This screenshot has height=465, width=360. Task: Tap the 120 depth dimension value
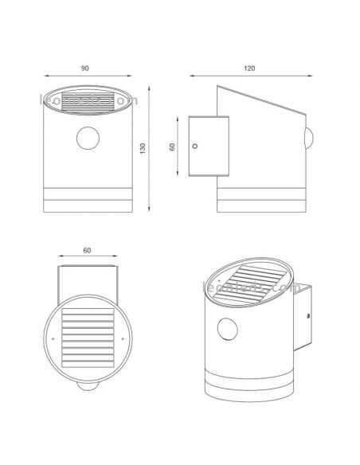(250, 68)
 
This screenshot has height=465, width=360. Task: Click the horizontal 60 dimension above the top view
(88, 251)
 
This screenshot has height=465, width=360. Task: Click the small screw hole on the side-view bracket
(196, 146)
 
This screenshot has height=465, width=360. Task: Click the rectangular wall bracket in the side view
(208, 146)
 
